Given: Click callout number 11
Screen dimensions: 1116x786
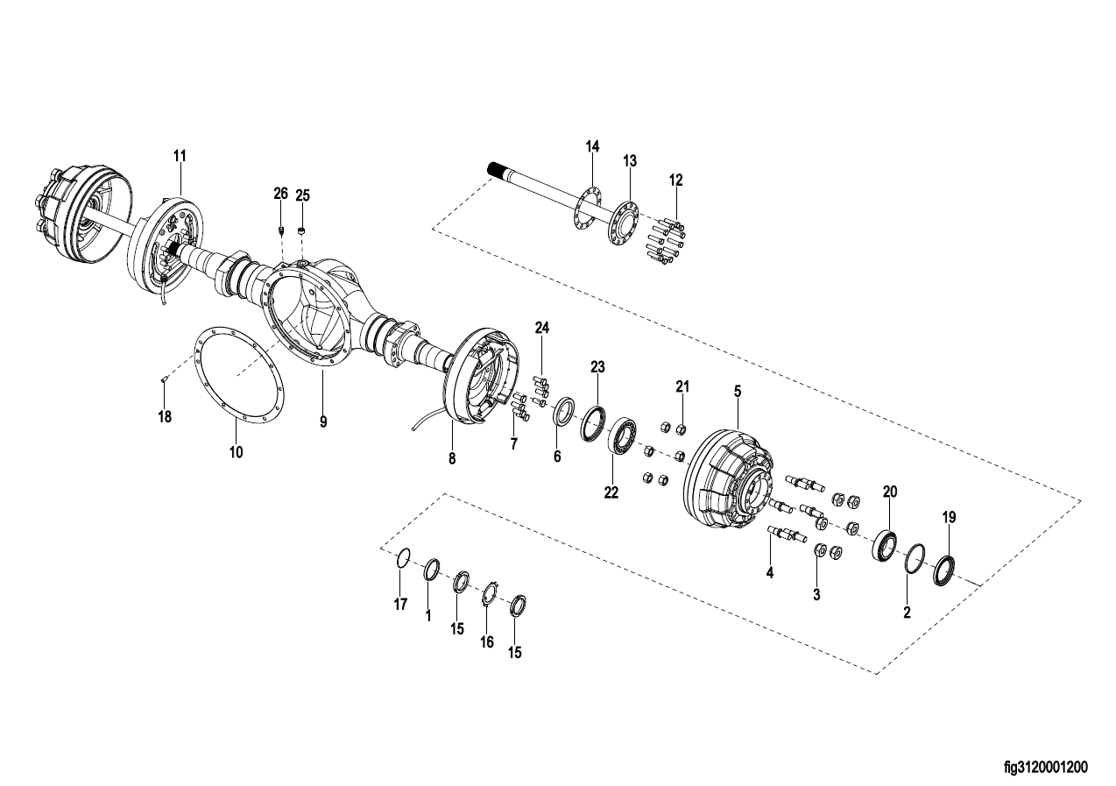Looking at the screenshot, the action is [180, 156].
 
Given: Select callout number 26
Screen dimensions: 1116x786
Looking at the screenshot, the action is [281, 194].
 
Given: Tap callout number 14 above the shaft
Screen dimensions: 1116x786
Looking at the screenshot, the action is [592, 146].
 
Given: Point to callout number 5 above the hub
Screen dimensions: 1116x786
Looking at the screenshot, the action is [738, 392].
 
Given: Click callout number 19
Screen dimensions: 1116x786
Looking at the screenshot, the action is [949, 517].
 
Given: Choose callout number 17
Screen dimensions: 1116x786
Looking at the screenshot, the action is [400, 605].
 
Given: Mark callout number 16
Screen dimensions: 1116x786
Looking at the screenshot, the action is [487, 642].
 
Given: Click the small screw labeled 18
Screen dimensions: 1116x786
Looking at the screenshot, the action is [164, 381].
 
